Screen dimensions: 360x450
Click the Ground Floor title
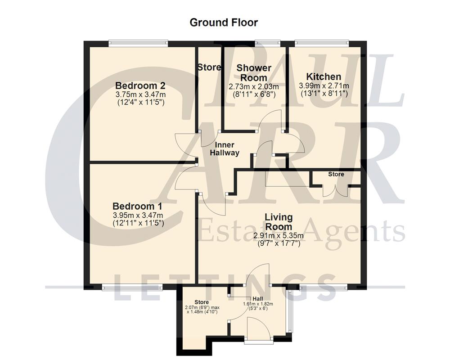click(x=224, y=22)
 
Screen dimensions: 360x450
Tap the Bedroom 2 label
click(x=141, y=85)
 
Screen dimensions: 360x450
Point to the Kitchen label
click(x=324, y=76)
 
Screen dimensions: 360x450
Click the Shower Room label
click(x=254, y=73)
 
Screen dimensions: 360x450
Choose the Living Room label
click(x=279, y=222)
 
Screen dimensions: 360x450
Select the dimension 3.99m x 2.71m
click(x=324, y=85)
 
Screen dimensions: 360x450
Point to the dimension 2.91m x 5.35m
click(x=279, y=235)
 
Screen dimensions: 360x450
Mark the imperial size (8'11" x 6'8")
click(x=254, y=94)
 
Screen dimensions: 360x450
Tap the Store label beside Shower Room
click(x=209, y=67)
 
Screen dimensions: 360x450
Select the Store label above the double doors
click(x=336, y=174)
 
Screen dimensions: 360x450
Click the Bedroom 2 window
click(x=138, y=43)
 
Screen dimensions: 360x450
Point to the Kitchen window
click(x=321, y=43)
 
